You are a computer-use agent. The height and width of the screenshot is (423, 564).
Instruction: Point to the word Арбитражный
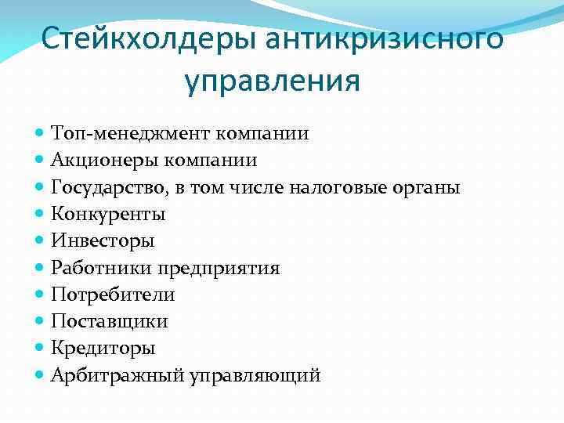click(117, 376)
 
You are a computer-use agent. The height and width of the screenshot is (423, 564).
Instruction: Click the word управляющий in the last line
click(255, 376)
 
